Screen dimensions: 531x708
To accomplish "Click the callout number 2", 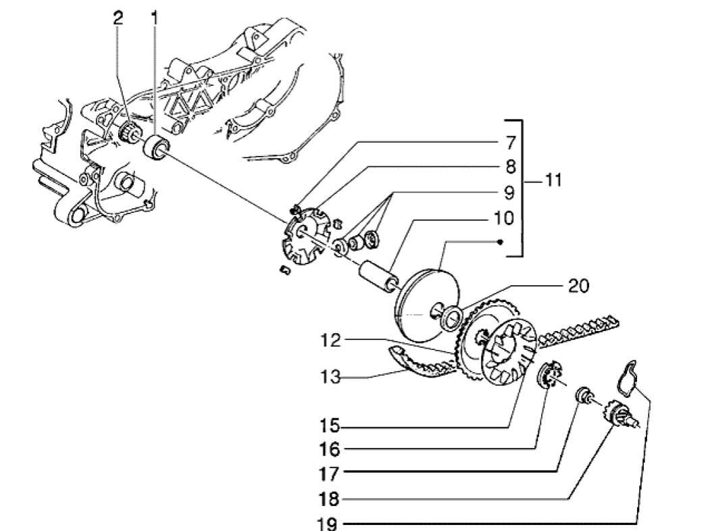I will (x=118, y=18).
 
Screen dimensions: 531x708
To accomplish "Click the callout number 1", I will (x=154, y=18).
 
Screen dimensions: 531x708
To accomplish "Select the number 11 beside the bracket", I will (x=553, y=182).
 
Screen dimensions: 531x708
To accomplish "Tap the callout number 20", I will (x=579, y=286).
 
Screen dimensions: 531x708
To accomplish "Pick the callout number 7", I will (x=505, y=143).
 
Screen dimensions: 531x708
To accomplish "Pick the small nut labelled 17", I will (x=582, y=395).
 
